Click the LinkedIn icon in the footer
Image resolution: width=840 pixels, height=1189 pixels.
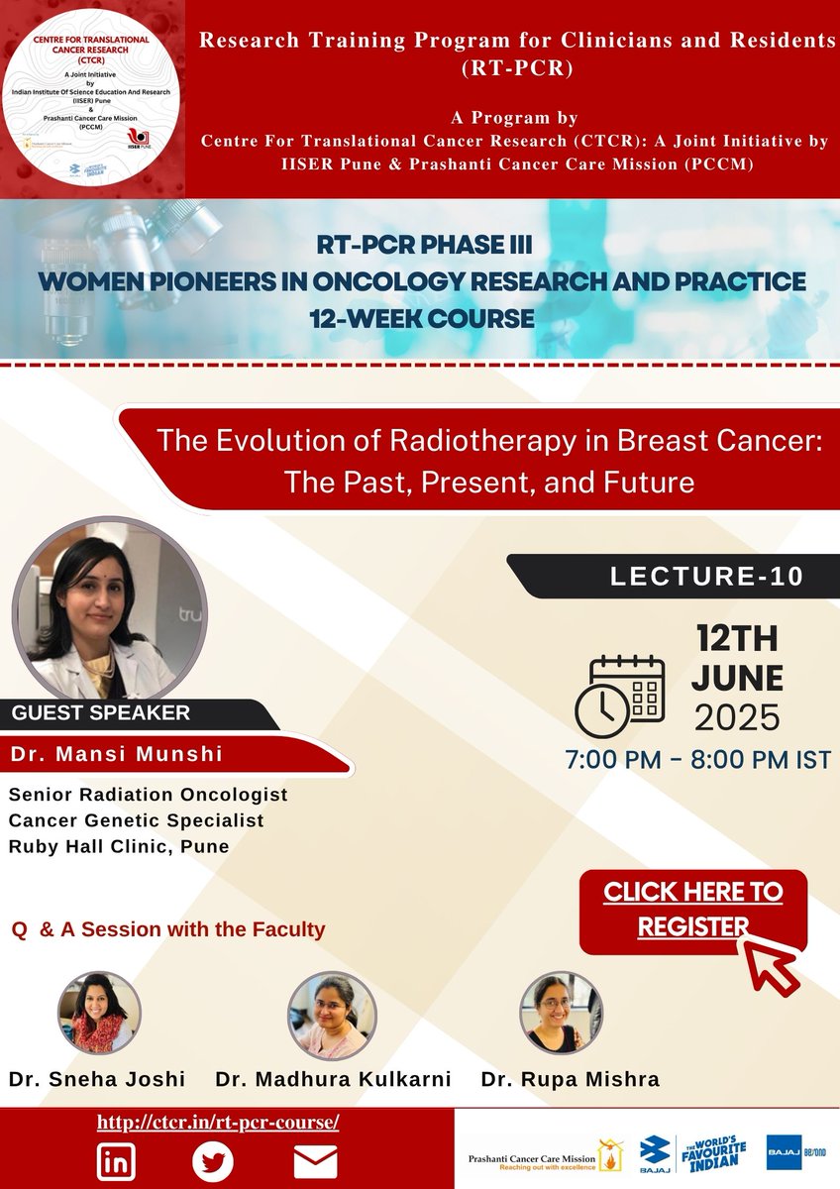(x=117, y=1160)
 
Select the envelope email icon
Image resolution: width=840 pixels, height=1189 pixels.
(x=315, y=1160)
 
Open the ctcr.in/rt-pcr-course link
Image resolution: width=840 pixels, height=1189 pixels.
(x=218, y=1123)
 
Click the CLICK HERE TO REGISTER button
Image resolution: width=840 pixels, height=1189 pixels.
(x=692, y=910)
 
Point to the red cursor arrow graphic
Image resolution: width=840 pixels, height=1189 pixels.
(x=775, y=959)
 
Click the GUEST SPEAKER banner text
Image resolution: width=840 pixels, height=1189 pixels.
(x=100, y=711)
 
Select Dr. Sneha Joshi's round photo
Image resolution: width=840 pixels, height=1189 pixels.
(x=100, y=1012)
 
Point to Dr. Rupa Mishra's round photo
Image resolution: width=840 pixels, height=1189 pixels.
(x=562, y=1012)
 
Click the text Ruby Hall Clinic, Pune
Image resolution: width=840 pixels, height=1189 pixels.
(x=119, y=846)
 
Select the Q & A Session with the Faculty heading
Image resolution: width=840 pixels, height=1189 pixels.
(x=167, y=930)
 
